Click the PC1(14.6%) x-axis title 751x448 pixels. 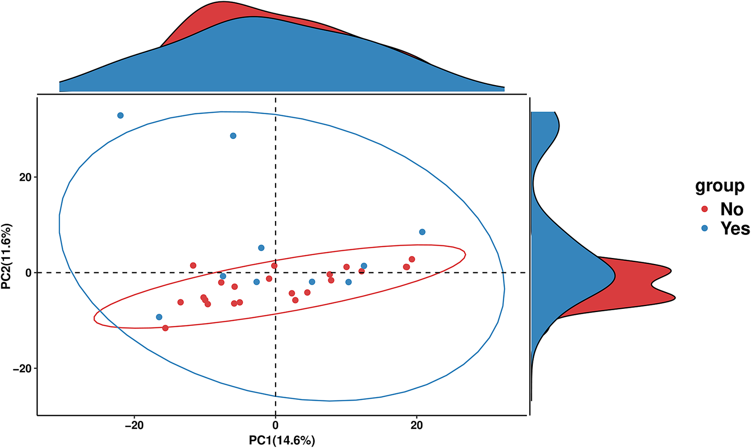[x=282, y=440]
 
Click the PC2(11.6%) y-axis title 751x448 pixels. [x=7, y=257]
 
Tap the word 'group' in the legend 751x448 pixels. [x=720, y=185]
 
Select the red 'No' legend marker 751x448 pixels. [x=704, y=209]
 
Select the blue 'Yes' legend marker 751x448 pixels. [x=704, y=228]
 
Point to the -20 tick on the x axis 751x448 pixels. [x=134, y=425]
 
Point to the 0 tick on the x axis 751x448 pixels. [x=275, y=425]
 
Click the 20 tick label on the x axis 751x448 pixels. [x=417, y=425]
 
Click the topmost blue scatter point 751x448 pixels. [x=121, y=115]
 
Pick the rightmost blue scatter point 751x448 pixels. [x=422, y=232]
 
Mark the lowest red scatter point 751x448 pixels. [x=165, y=328]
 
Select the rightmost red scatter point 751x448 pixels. [x=412, y=259]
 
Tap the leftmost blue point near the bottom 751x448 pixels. [x=159, y=317]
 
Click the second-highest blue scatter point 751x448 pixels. [x=233, y=135]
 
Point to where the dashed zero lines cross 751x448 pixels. [x=275, y=273]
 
